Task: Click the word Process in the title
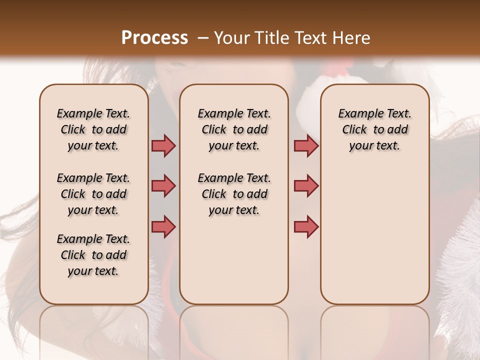[154, 38]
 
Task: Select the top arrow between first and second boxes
[163, 146]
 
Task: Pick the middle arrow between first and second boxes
[163, 186]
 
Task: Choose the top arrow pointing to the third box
[306, 146]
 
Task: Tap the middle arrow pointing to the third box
[306, 186]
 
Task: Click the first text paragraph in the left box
[93, 129]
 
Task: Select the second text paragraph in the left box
[93, 194]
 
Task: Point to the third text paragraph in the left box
[93, 255]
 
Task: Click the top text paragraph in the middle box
[234, 129]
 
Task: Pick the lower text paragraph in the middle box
[234, 194]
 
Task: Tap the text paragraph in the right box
[374, 129]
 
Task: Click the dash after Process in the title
[202, 38]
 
